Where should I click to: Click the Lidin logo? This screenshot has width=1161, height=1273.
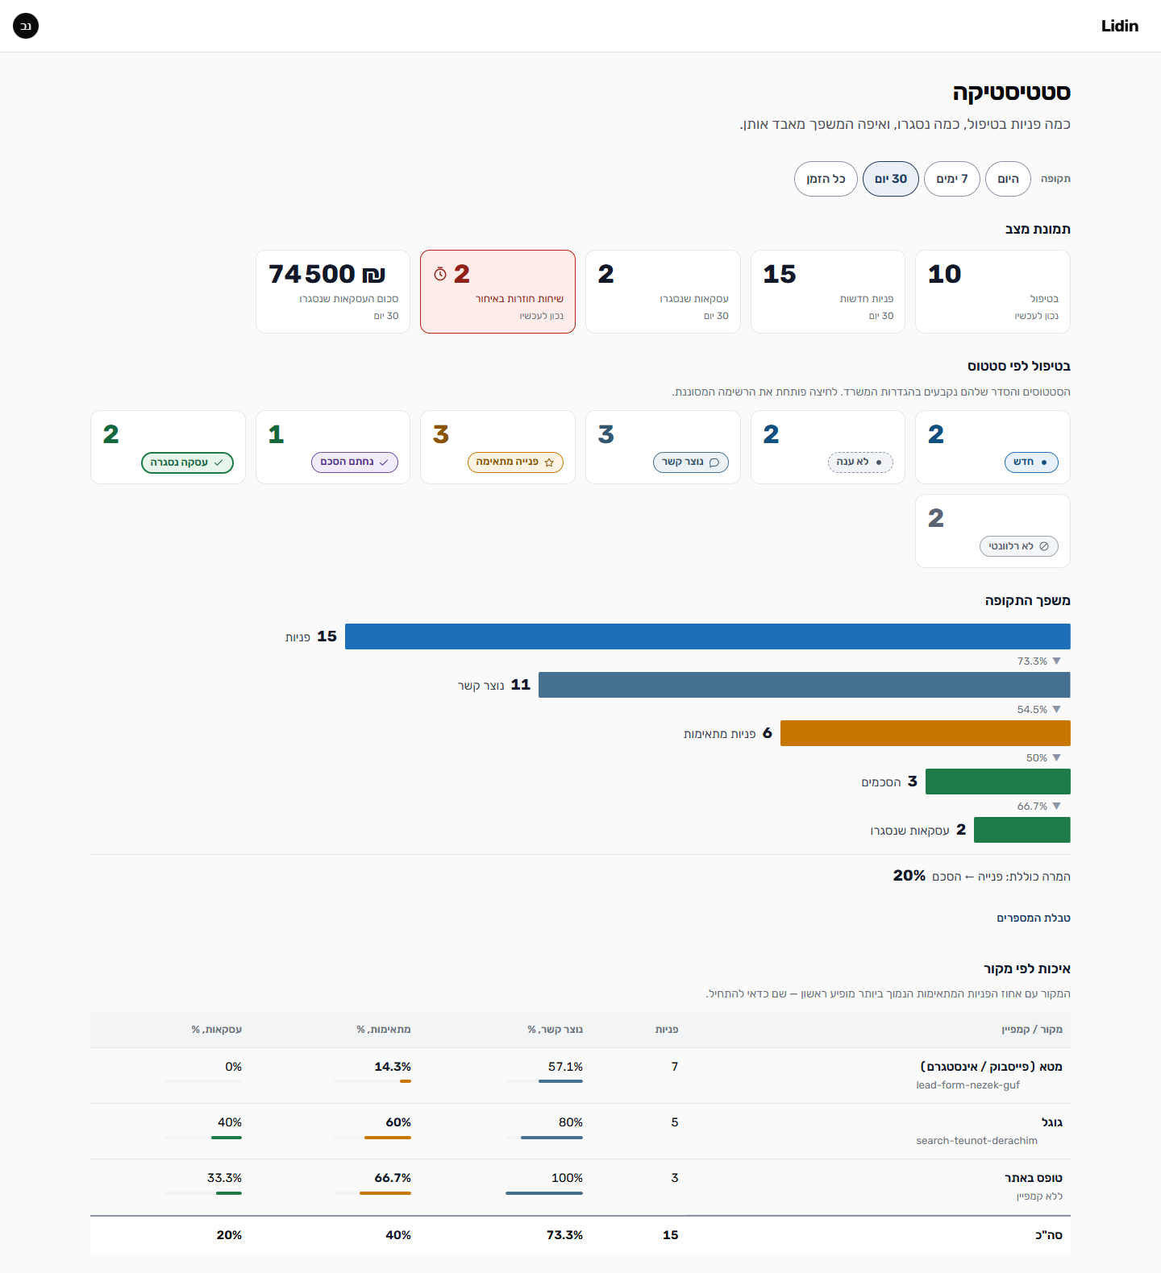click(x=1119, y=26)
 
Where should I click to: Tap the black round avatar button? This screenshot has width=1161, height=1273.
click(x=26, y=26)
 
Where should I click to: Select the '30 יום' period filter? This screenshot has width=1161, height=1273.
click(x=891, y=179)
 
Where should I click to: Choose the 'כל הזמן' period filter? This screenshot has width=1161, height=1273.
click(x=826, y=179)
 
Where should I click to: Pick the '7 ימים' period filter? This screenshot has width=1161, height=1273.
click(x=952, y=179)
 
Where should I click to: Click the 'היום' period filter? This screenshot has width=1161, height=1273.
click(x=1008, y=179)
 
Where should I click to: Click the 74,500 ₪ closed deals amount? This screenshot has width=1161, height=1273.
click(x=327, y=274)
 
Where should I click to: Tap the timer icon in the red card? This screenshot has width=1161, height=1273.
click(x=439, y=274)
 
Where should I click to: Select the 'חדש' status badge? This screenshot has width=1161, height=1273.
click(x=1031, y=462)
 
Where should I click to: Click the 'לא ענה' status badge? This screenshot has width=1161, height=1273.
click(x=860, y=462)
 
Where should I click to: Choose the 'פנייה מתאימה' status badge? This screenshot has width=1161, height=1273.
click(x=515, y=462)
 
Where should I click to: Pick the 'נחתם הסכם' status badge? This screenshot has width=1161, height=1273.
click(x=355, y=462)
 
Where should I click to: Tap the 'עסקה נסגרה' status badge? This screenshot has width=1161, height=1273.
click(x=187, y=462)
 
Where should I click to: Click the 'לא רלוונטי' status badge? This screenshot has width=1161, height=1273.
click(x=1019, y=546)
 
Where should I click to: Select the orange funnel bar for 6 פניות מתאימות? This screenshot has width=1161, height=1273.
click(x=926, y=733)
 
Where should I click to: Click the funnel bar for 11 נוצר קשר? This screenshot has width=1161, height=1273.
click(x=805, y=685)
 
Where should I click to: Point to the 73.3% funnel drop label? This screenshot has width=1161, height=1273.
click(x=1032, y=661)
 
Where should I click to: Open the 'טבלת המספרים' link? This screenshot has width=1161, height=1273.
click(x=1034, y=918)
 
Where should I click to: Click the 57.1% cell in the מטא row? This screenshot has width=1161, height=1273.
click(x=565, y=1067)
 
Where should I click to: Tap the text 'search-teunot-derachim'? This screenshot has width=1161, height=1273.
click(x=976, y=1141)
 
